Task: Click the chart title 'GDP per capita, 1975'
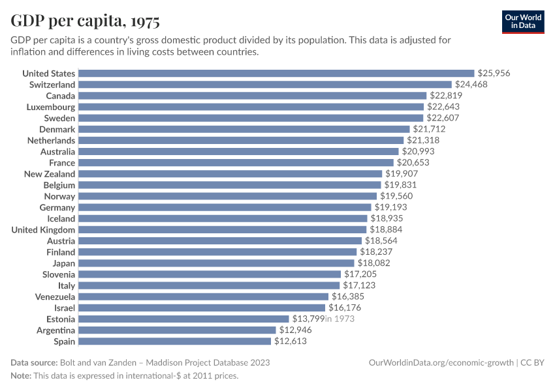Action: (x=85, y=22)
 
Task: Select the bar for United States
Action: (x=277, y=74)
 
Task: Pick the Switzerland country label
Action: (x=52, y=85)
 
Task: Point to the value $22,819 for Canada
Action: (x=446, y=96)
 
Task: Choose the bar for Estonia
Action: (x=184, y=319)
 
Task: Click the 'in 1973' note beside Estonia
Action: (x=340, y=319)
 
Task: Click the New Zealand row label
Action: (x=50, y=174)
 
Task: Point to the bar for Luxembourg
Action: (x=252, y=107)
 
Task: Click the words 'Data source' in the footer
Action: (x=33, y=362)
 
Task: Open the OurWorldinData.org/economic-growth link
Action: (x=441, y=362)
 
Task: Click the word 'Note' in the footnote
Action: (x=22, y=376)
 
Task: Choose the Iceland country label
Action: (x=61, y=219)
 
